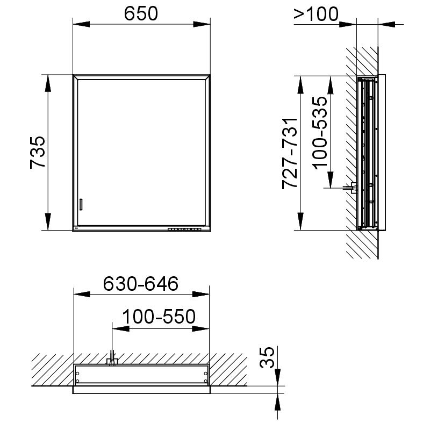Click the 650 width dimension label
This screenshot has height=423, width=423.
(x=141, y=13)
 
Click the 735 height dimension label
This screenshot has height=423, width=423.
(x=38, y=153)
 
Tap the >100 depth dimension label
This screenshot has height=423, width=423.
(x=316, y=14)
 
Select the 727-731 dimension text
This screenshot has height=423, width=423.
(x=290, y=153)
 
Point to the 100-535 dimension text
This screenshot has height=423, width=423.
(x=320, y=133)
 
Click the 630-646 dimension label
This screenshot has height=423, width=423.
(x=141, y=284)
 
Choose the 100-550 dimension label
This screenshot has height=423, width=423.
(x=159, y=317)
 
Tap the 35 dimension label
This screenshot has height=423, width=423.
(x=267, y=357)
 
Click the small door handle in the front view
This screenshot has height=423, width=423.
(x=81, y=204)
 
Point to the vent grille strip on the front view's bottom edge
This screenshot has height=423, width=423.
(x=184, y=230)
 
